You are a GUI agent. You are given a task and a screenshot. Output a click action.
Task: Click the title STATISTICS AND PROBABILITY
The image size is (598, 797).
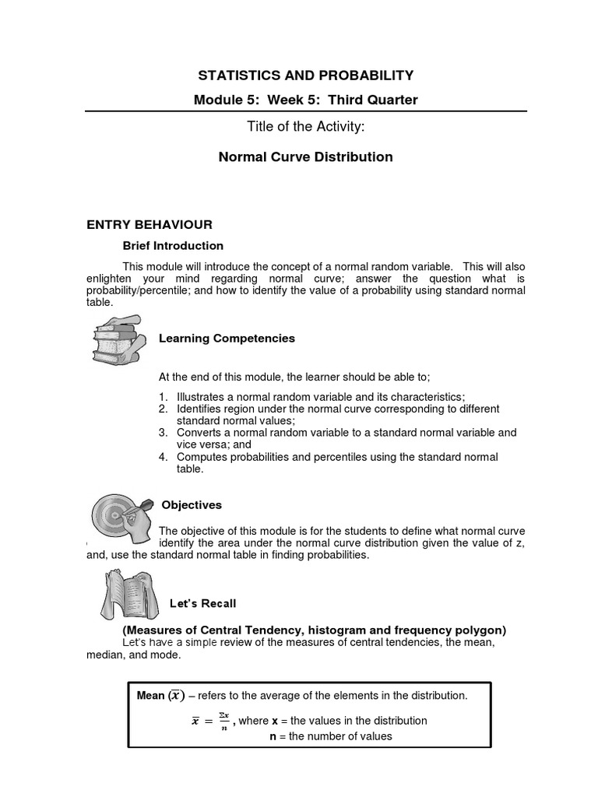pyautogui.click(x=305, y=75)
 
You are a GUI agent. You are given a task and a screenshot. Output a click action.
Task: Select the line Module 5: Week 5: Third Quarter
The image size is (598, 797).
pyautogui.click(x=305, y=100)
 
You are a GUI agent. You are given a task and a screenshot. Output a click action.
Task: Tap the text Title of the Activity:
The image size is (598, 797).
pyautogui.click(x=305, y=128)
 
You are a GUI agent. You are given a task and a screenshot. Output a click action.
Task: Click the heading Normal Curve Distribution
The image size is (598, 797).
pyautogui.click(x=305, y=156)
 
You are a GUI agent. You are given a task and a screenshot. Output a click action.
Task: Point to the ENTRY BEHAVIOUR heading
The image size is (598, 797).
pyautogui.click(x=149, y=225)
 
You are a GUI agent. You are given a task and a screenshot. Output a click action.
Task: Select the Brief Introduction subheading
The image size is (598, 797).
pyautogui.click(x=173, y=245)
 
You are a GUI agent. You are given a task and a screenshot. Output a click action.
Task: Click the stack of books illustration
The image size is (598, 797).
pyautogui.click(x=117, y=338)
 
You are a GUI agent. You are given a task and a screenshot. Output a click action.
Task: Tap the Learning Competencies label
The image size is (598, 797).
pyautogui.click(x=227, y=338)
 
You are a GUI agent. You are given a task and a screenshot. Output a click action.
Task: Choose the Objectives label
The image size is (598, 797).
pyautogui.click(x=192, y=505)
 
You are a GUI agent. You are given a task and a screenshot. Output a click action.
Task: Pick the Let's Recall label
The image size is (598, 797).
pyautogui.click(x=203, y=603)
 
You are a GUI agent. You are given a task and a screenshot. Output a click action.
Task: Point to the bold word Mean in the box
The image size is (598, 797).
pyautogui.click(x=150, y=696)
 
